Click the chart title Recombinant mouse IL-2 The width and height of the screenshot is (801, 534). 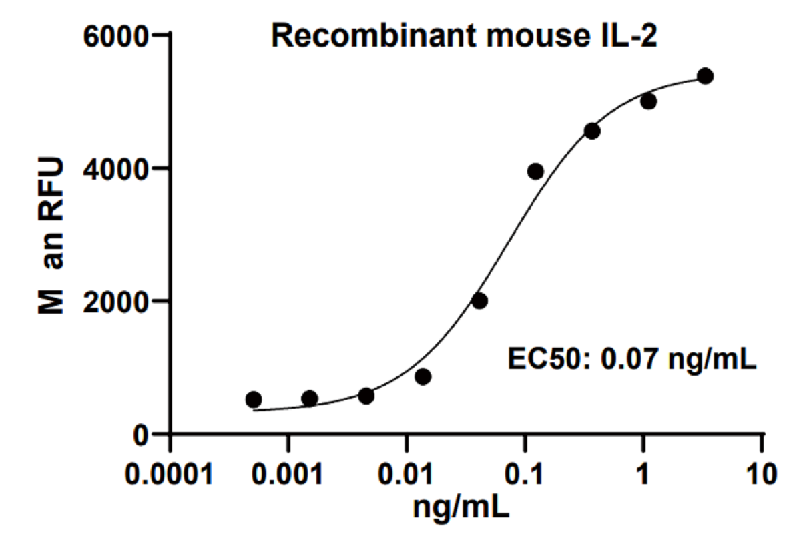464,37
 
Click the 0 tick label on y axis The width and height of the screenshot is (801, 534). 139,435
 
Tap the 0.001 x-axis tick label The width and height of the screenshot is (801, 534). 288,475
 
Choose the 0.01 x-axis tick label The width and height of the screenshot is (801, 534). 406,475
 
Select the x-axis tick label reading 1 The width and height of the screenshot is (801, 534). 643,475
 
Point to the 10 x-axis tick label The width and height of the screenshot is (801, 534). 760,475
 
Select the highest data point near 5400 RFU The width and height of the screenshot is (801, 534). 705,76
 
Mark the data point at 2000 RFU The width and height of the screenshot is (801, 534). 479,301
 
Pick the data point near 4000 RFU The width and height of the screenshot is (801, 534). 535,172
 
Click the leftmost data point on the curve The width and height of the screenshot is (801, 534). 254,400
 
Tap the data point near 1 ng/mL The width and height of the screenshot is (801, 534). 648,101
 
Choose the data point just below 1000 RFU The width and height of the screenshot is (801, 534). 423,377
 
